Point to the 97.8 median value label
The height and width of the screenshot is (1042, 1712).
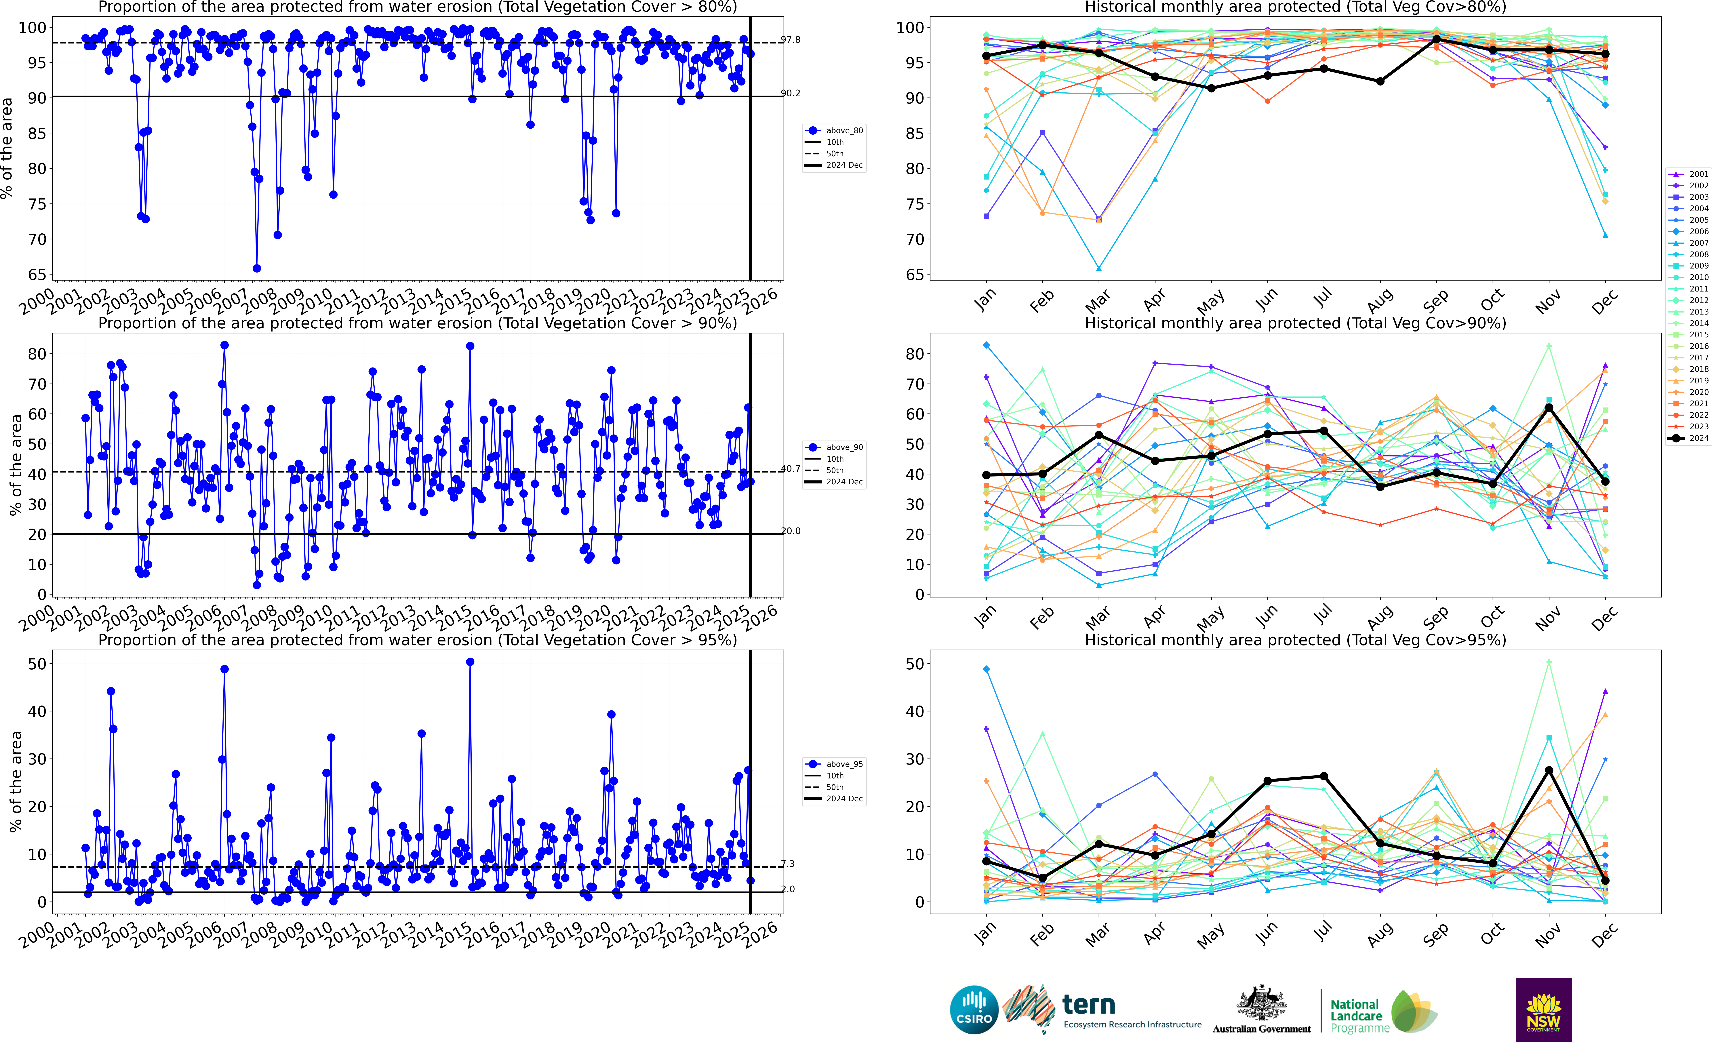[x=791, y=40]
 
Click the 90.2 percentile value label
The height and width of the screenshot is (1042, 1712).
[x=791, y=93]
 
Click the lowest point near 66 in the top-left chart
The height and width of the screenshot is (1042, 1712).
[x=256, y=268]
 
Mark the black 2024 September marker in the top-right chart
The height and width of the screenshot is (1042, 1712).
[x=1436, y=40]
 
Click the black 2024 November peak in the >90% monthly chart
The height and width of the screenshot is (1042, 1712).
[x=1549, y=408]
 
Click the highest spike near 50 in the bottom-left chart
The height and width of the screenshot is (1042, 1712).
[x=470, y=662]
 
